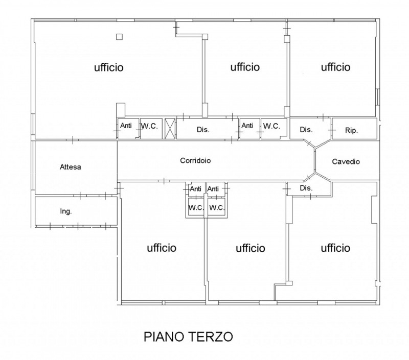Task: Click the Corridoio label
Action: (195, 160)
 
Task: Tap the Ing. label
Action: (66, 211)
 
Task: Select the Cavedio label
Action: (346, 161)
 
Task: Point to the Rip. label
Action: (351, 130)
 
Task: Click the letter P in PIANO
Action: (148, 337)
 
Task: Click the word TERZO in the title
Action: (210, 337)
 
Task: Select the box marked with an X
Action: (170, 128)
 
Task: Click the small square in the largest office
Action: (119, 37)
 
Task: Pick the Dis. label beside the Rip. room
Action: (306, 130)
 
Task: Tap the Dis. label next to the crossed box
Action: (203, 130)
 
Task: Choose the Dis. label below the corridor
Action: (306, 188)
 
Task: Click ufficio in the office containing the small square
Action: (108, 67)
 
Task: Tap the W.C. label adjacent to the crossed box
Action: (149, 126)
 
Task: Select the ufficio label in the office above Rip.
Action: (335, 67)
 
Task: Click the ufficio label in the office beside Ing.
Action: (162, 248)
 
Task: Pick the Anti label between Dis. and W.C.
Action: (247, 126)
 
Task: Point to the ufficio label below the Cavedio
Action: (335, 248)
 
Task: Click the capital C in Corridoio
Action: (183, 160)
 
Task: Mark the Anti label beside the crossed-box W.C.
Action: (126, 126)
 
